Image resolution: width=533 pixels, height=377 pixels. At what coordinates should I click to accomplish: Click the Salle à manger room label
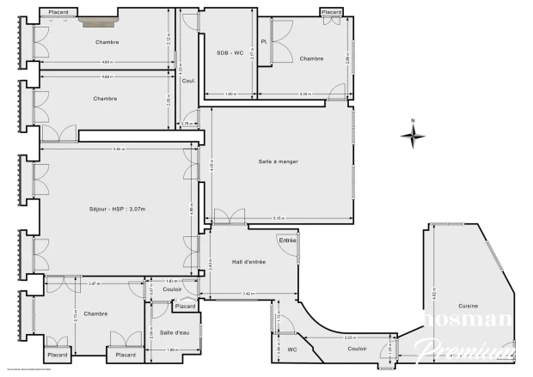pos(278,162)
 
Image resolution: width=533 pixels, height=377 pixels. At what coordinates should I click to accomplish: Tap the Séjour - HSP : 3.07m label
pos(117,210)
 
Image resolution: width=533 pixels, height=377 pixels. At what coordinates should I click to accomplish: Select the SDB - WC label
pos(230,53)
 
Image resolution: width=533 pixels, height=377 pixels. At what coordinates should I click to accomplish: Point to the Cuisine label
pos(469,307)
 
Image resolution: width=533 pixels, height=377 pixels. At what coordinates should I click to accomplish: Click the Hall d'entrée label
pos(249,262)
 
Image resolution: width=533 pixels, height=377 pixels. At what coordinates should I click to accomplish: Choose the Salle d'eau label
pos(175,332)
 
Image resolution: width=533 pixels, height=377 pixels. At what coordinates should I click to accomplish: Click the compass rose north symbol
pos(414,134)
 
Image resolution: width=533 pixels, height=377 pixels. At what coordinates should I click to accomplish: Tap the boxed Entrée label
pos(287,240)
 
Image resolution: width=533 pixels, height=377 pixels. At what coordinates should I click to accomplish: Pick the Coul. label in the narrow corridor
pos(189,82)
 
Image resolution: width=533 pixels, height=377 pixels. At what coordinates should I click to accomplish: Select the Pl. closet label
pos(265,41)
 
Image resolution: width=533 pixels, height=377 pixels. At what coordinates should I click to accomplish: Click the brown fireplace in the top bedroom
pos(100,24)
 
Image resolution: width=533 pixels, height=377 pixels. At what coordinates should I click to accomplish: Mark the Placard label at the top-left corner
pos(59,12)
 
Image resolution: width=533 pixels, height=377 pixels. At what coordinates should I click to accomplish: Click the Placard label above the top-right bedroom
pos(332,12)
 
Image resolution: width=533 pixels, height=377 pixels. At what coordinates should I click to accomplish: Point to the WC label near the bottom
pos(292,350)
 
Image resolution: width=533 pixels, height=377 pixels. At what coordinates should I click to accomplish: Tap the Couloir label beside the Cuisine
pos(358,349)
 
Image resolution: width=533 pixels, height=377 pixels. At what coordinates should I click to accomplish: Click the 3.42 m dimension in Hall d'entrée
pos(248,295)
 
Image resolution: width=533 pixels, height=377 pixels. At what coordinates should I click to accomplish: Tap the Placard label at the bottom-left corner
pos(58,355)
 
